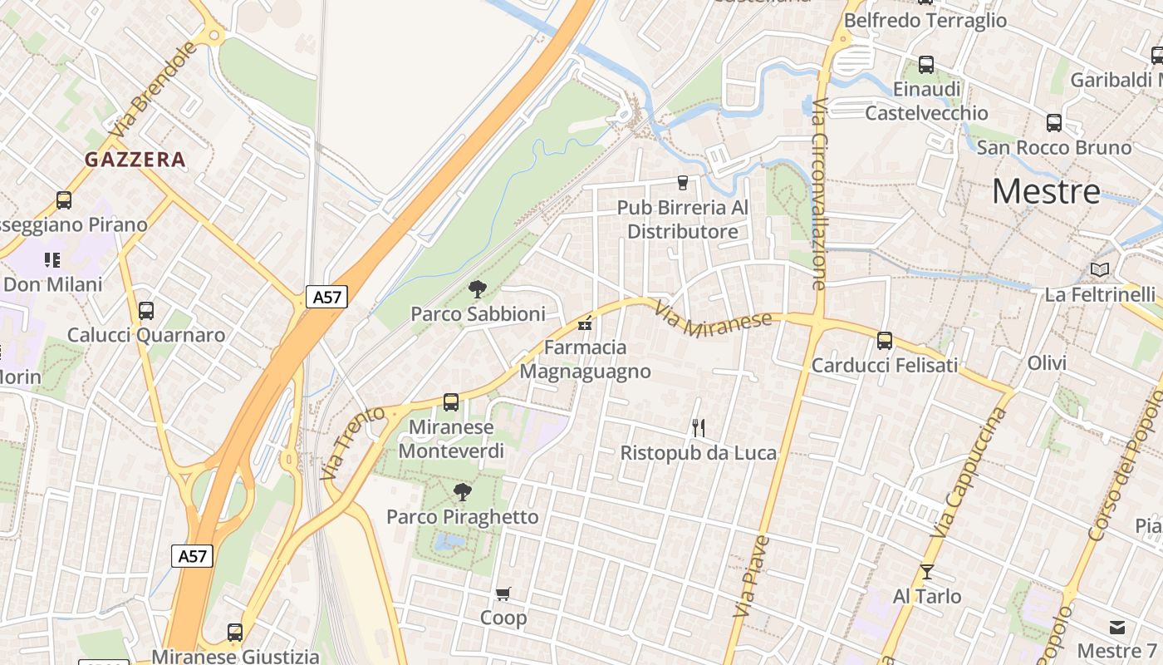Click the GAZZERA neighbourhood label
click(x=135, y=160)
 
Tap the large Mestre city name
click(x=1046, y=192)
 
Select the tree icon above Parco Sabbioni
click(x=478, y=289)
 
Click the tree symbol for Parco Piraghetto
click(x=463, y=492)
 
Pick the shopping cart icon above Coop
click(x=503, y=594)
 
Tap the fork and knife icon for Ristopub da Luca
click(x=699, y=428)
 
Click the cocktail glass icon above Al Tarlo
click(x=927, y=572)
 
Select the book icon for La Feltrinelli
click(x=1100, y=269)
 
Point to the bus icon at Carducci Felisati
click(x=885, y=340)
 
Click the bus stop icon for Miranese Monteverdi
click(x=451, y=402)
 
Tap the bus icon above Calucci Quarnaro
click(x=146, y=311)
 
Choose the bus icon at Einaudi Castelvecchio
click(x=926, y=64)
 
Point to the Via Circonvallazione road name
click(x=819, y=195)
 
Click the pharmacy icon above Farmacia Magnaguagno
click(x=585, y=323)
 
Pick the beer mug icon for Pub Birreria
click(x=683, y=182)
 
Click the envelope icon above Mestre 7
click(x=1116, y=627)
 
